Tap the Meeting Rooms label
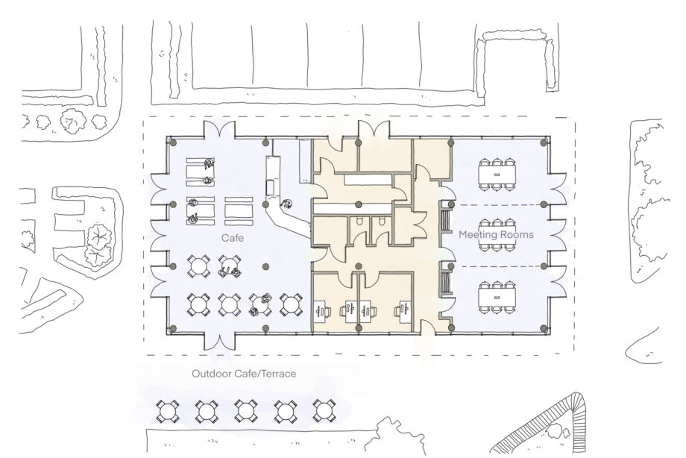tap(496, 234)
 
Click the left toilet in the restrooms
tap(359, 222)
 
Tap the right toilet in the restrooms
tap(381, 222)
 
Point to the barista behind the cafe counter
tap(286, 203)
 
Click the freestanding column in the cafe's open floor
tap(265, 266)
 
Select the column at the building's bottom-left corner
tap(171, 329)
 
